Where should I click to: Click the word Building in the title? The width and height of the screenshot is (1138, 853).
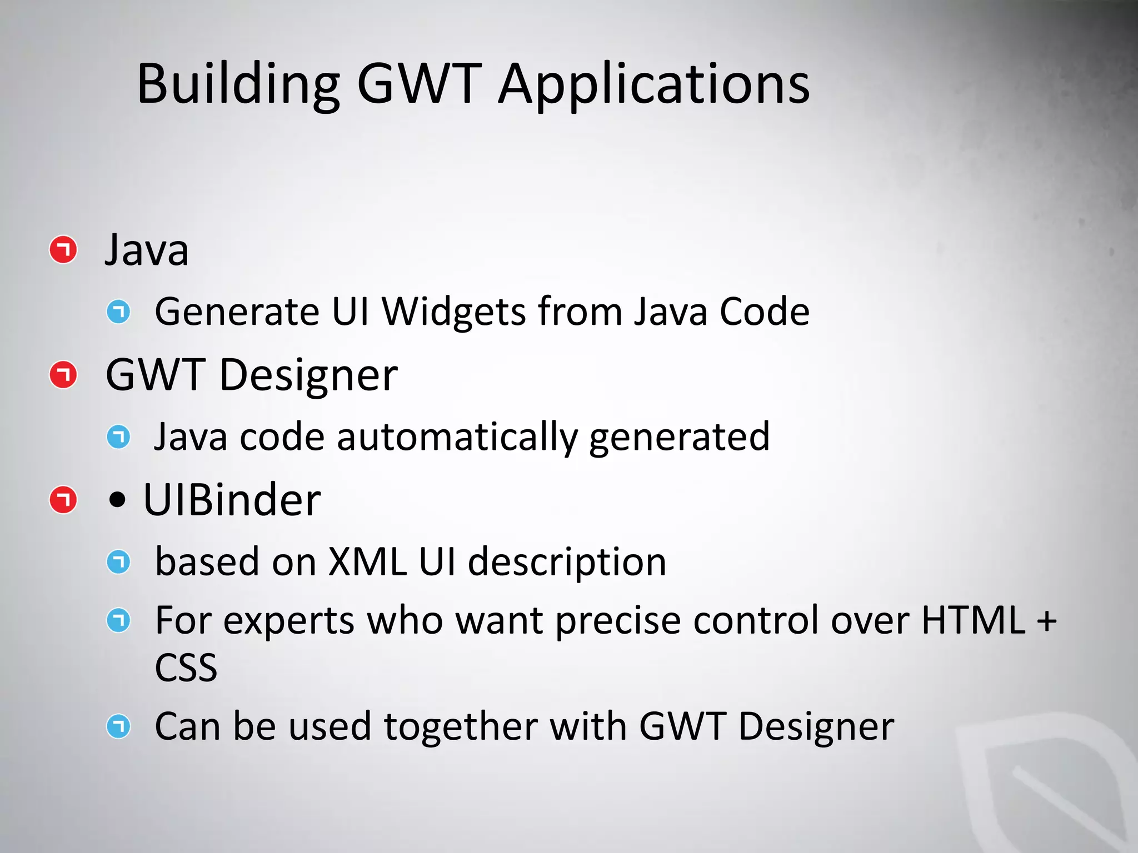pos(238,84)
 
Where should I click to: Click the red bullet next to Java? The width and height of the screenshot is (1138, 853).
pos(63,250)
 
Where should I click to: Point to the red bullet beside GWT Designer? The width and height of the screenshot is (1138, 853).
pos(63,375)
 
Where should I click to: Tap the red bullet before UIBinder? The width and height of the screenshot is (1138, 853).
pos(63,500)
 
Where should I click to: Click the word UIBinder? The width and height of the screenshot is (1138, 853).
pos(232,500)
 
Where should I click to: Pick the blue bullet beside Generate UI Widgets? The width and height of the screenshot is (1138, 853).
pos(118,312)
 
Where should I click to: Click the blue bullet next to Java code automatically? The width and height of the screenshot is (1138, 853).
pos(118,437)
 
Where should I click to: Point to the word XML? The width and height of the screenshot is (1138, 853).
pos(367,561)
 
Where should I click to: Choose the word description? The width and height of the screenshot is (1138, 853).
pos(567,563)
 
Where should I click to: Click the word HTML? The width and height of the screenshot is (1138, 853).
pos(973,620)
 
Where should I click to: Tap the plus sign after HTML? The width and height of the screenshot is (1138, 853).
pos(1046,621)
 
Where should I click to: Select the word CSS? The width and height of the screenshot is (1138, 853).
pos(186,668)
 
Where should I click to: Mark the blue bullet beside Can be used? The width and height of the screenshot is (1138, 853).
pos(118,726)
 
